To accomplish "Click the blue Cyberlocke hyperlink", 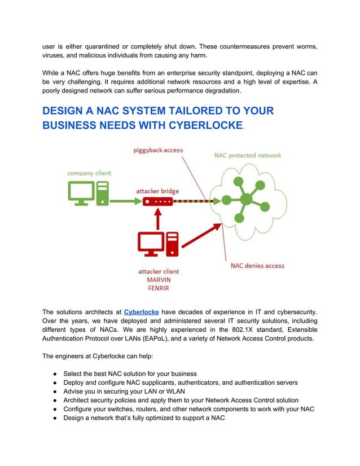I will [x=141, y=311].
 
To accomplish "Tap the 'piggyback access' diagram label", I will [x=158, y=151].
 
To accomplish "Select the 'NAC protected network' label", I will [x=248, y=155].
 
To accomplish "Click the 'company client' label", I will [x=89, y=173].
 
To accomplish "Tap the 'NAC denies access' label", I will [x=257, y=265].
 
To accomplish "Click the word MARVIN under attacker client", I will [x=159, y=280].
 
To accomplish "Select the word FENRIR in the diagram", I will [x=159, y=289].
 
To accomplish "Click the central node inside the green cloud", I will [x=246, y=199].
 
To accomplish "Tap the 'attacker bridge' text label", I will [x=157, y=191].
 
